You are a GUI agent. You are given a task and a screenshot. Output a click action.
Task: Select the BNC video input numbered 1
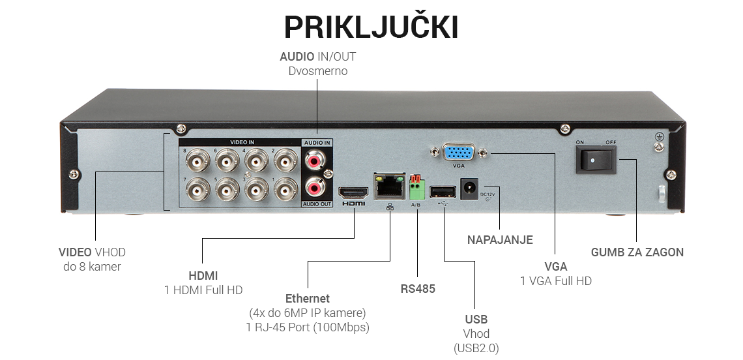pyautogui.click(x=286, y=190)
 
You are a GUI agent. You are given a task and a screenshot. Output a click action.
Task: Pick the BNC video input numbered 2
pyautogui.click(x=286, y=160)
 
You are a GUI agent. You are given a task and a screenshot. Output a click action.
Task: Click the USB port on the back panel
pyautogui.click(x=443, y=191)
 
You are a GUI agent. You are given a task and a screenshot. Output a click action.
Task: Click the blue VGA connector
pyautogui.click(x=459, y=153)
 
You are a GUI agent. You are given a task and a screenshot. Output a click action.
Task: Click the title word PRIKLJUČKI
pyautogui.click(x=371, y=27)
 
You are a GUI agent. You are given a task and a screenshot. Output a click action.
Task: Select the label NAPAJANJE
pyautogui.click(x=500, y=240)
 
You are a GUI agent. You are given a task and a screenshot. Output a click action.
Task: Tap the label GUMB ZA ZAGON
pyautogui.click(x=637, y=252)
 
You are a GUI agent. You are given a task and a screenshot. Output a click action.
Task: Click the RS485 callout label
pyautogui.click(x=417, y=289)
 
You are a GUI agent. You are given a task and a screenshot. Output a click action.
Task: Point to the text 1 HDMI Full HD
pyautogui.click(x=203, y=290)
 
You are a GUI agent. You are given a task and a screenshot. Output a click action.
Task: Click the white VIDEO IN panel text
pyautogui.click(x=242, y=142)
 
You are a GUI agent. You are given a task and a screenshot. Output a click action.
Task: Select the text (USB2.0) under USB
pyautogui.click(x=476, y=348)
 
